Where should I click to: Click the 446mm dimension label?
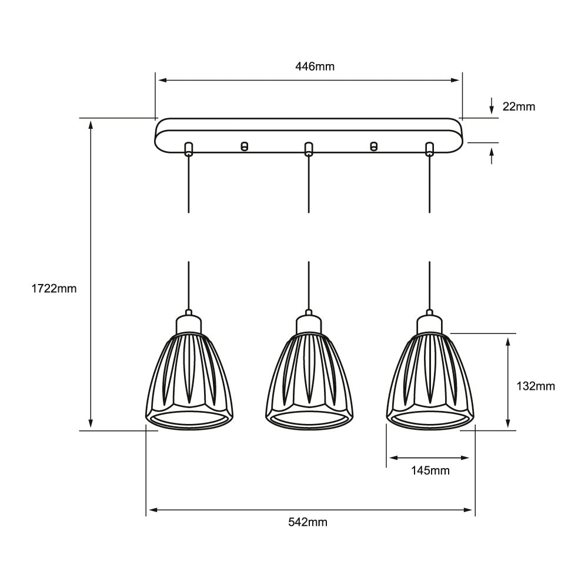pos(315,66)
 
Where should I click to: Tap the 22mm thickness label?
pos(519,106)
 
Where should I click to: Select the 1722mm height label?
pos(55,289)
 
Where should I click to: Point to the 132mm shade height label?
pos(535,386)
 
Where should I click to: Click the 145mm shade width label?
pos(430,470)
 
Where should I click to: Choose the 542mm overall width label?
pos(308,522)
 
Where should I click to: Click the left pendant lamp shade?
pos(188,379)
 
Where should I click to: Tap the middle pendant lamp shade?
pos(309,379)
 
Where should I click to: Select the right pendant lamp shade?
pos(429,379)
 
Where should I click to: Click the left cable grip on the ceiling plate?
pos(188,149)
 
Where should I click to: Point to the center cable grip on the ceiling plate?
pos(308,149)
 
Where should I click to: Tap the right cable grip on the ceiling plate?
pos(429,149)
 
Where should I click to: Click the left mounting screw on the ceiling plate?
pos(245,146)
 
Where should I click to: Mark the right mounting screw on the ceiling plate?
pos(373,146)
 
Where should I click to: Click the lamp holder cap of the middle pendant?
pos(309,323)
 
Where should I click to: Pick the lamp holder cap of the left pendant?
pos(188,323)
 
